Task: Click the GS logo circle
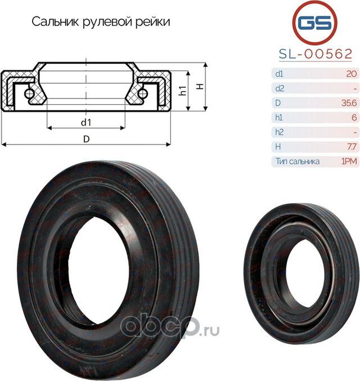(x=315, y=24)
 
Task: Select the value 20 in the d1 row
(x=351, y=73)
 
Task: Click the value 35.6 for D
(x=349, y=102)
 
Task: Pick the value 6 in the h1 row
(x=353, y=117)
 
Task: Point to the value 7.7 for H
(x=350, y=146)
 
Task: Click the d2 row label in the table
(x=280, y=88)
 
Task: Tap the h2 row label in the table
(x=280, y=132)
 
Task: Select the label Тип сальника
(x=298, y=162)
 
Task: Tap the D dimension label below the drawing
(x=86, y=138)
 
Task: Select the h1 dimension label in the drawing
(x=182, y=91)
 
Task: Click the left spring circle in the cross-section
(x=29, y=93)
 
